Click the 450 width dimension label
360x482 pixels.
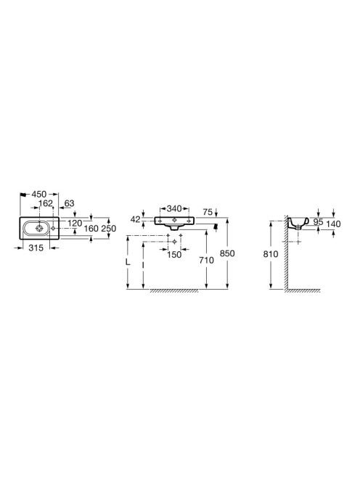[39, 195]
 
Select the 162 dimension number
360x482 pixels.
[46, 203]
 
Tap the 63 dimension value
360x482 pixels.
[70, 203]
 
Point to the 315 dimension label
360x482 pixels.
[36, 248]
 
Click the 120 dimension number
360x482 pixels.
[75, 223]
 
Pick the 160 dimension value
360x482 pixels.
[91, 229]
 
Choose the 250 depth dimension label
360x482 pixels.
[109, 229]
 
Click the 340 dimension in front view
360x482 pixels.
[174, 209]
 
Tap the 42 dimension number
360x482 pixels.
[136, 219]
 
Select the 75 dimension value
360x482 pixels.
[208, 212]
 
